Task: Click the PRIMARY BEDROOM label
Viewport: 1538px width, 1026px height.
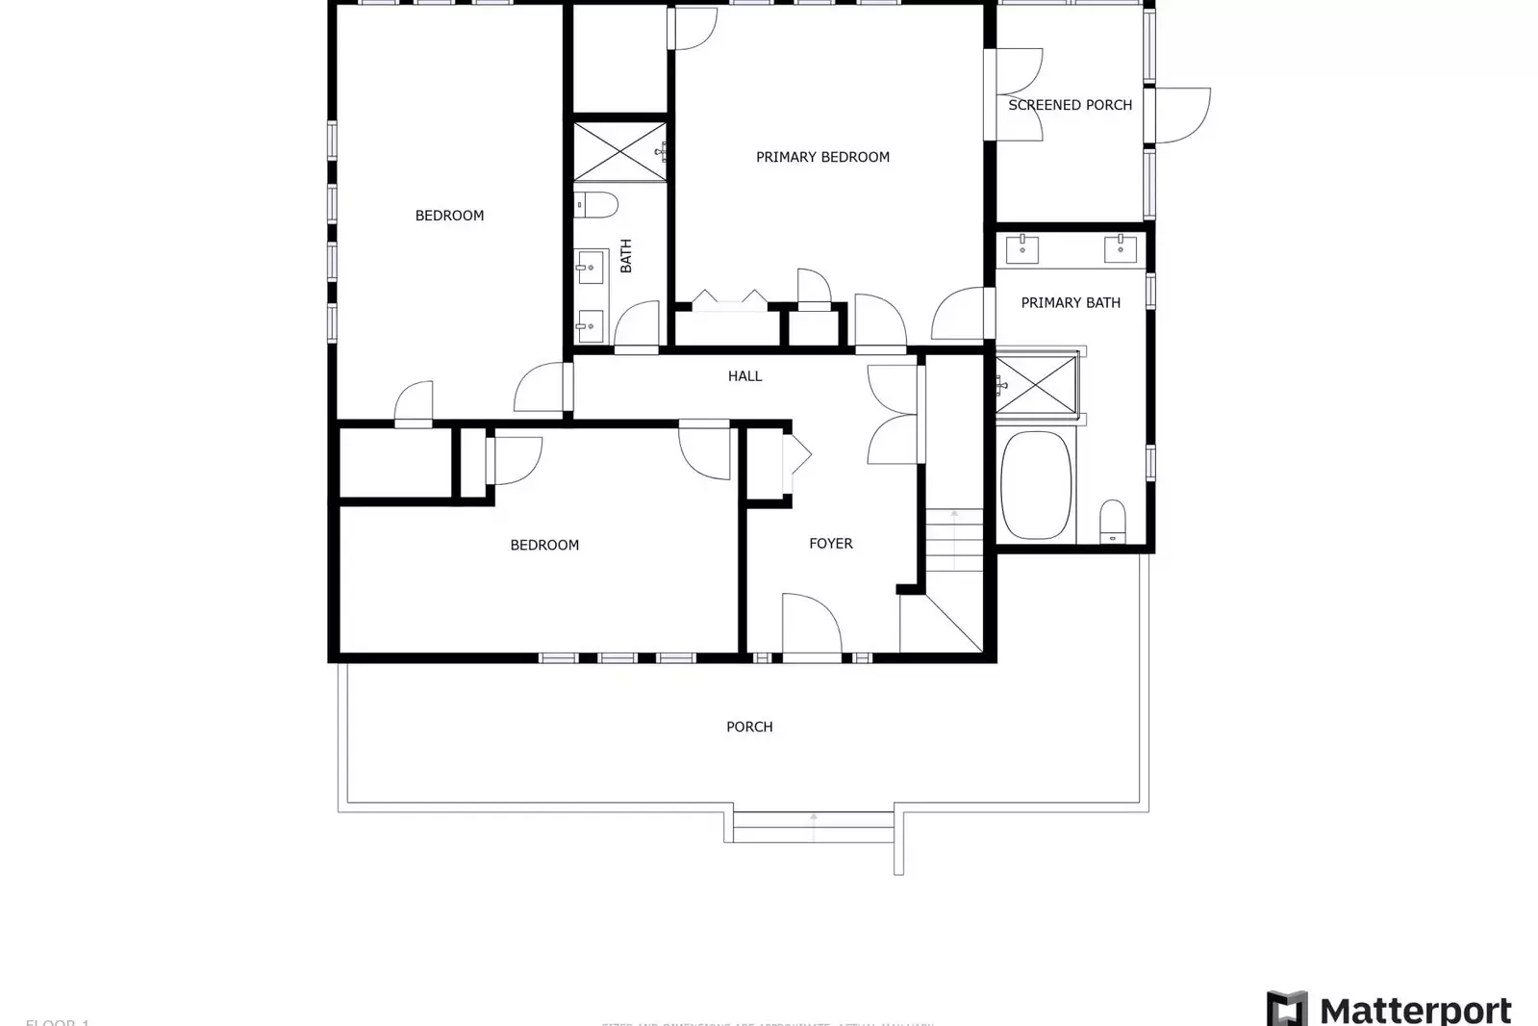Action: [x=822, y=157]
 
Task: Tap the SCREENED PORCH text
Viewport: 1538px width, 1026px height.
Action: [x=1070, y=105]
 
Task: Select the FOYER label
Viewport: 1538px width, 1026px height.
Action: [x=830, y=544]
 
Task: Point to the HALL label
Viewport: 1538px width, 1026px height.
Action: [x=744, y=376]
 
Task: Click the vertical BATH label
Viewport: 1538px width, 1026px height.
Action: [x=626, y=256]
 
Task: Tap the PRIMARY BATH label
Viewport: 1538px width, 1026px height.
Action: [x=1071, y=303]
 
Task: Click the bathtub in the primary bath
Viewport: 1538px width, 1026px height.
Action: [x=1036, y=485]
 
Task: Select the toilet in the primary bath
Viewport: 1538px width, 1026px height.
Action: [x=1113, y=521]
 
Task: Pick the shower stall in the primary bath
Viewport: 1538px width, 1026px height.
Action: [x=1036, y=385]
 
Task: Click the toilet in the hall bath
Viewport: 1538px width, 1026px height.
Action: [x=596, y=205]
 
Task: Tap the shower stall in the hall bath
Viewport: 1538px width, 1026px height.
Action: [x=619, y=151]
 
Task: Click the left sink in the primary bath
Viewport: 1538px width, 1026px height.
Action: [x=1021, y=249]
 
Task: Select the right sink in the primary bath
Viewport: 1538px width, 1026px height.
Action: [x=1121, y=249]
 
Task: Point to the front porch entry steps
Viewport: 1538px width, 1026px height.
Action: [x=814, y=826]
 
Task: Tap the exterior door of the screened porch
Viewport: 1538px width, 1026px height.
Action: [x=1181, y=115]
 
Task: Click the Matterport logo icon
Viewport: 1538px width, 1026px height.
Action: [x=1287, y=1008]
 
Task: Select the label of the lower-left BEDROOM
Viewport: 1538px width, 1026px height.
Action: [x=544, y=546]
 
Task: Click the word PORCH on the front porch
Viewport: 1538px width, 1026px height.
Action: [x=749, y=728]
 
